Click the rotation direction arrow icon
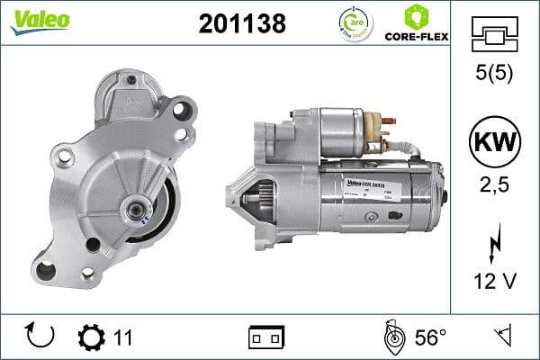40,337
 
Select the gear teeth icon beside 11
91,337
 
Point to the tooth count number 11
123,337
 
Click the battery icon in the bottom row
265,337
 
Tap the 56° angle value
430,337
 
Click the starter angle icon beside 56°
391,337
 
